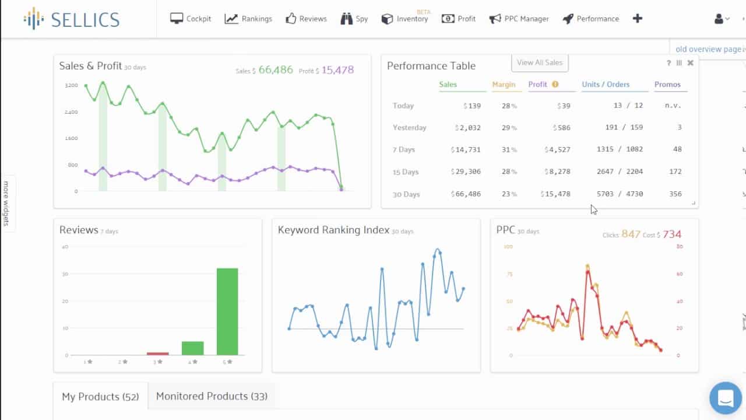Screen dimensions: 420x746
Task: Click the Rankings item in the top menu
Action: click(x=249, y=19)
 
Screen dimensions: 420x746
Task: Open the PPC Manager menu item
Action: click(x=519, y=19)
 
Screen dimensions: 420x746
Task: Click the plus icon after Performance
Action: click(x=637, y=19)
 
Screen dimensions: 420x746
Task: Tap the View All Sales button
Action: click(x=540, y=62)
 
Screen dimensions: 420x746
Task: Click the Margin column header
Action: click(x=504, y=85)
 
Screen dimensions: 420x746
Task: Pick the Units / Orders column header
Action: click(x=606, y=85)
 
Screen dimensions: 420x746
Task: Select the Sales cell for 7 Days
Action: click(x=466, y=150)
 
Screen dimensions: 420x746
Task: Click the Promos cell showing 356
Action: click(x=675, y=194)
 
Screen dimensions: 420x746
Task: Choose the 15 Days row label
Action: click(x=406, y=172)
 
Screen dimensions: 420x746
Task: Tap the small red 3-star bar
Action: click(x=157, y=353)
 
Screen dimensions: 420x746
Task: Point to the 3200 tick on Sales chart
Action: click(x=71, y=86)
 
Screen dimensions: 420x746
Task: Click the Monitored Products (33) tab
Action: click(x=212, y=397)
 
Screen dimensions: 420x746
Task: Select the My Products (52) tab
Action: click(x=100, y=397)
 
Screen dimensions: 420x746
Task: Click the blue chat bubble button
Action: click(x=725, y=398)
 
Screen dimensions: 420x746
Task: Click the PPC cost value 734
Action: click(x=672, y=235)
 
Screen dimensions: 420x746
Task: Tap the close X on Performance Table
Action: click(x=691, y=63)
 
